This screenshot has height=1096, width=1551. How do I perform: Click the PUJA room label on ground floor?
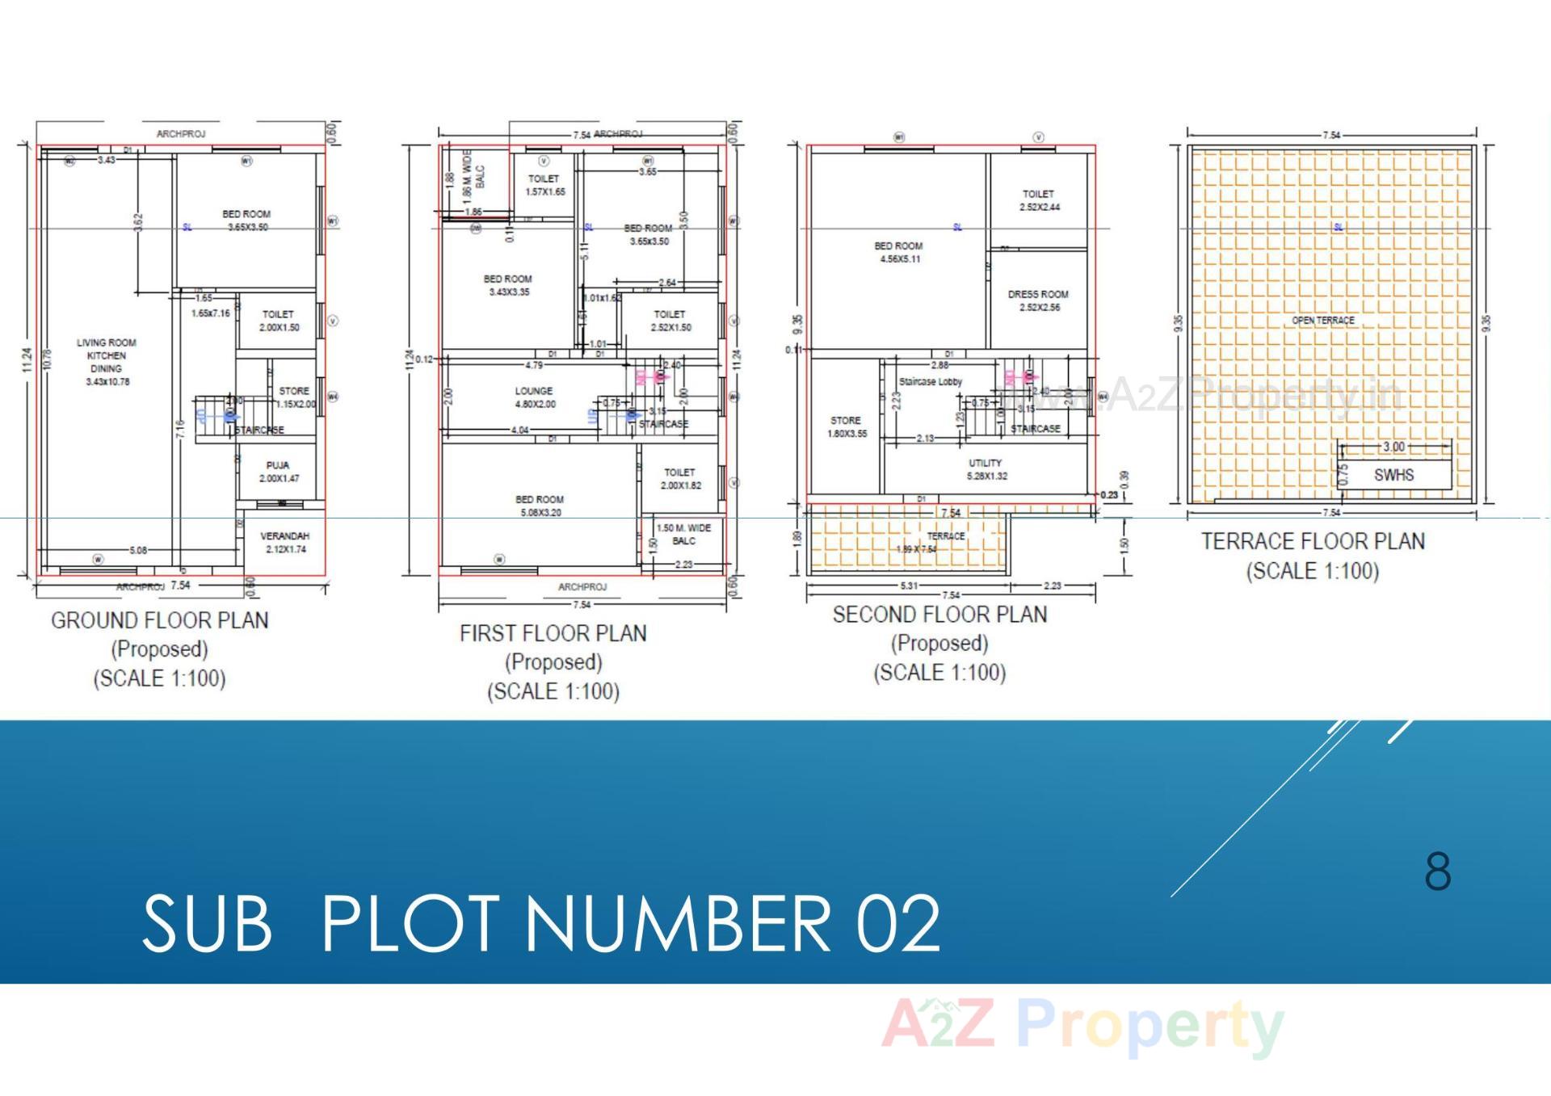[279, 472]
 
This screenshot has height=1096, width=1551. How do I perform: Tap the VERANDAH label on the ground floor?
[284, 542]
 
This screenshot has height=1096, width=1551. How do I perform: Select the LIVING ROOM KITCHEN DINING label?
[107, 361]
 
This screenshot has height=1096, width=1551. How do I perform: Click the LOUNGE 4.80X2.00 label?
[534, 397]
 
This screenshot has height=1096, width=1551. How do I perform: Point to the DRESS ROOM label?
[1038, 300]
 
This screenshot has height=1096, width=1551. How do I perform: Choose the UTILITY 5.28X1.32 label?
[986, 469]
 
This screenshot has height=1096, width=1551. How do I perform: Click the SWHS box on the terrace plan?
[1393, 475]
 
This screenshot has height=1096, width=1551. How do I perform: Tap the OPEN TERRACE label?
[1322, 321]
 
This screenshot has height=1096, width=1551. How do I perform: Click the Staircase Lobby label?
[931, 381]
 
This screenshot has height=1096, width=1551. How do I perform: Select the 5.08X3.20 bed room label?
[540, 506]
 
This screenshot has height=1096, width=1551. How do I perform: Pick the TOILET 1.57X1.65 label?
[544, 185]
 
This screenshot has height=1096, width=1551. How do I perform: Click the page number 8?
[1438, 871]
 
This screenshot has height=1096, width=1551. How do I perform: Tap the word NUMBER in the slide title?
[683, 922]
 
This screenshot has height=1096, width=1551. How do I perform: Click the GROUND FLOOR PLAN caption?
[160, 620]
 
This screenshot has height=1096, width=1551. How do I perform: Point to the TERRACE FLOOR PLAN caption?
[1313, 541]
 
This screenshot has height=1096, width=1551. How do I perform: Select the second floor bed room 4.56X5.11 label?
[898, 252]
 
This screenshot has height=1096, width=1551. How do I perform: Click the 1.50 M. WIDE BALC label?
[683, 534]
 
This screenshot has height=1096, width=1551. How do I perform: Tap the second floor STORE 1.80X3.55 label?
[846, 426]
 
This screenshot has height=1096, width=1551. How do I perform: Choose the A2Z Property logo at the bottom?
[1082, 1027]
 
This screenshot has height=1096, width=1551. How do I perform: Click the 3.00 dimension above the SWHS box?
[1393, 447]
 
